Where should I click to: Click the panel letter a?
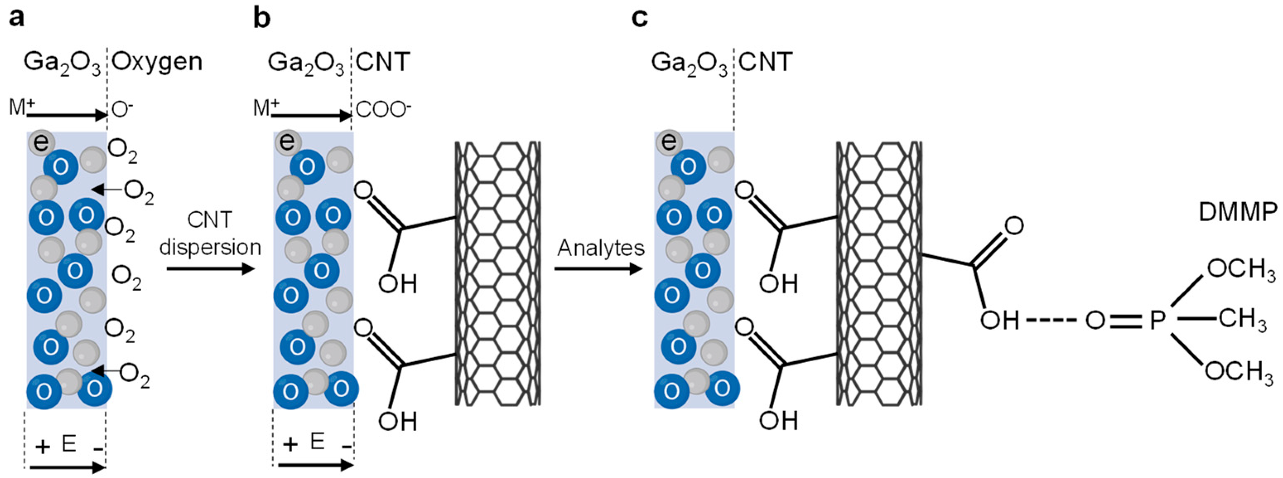pyautogui.click(x=16, y=18)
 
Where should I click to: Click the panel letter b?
pyautogui.click(x=262, y=18)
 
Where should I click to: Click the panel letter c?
pyautogui.click(x=640, y=18)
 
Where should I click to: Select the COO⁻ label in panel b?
pyautogui.click(x=383, y=110)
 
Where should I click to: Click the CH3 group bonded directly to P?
pyautogui.click(x=1242, y=319)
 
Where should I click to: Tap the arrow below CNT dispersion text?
pyautogui.click(x=210, y=269)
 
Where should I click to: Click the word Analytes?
pyautogui.click(x=601, y=247)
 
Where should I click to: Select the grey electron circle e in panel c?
pyautogui.click(x=669, y=143)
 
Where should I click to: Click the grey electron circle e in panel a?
pyautogui.click(x=41, y=143)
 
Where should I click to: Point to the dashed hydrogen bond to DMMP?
pyautogui.click(x=1051, y=320)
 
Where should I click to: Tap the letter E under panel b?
pyautogui.click(x=317, y=441)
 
